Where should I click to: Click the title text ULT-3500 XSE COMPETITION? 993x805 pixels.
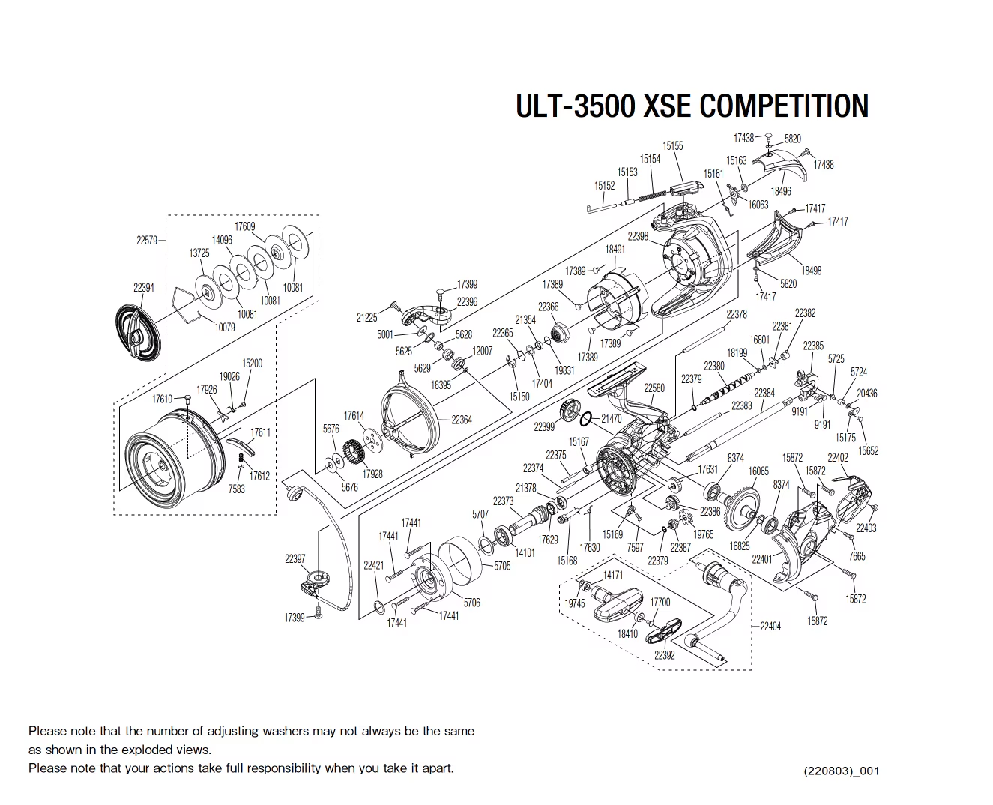pos(692,106)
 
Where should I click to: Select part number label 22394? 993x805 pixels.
pos(143,288)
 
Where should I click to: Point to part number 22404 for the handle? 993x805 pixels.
pos(770,626)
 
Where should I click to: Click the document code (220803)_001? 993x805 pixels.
pos(840,771)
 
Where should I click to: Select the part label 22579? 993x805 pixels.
pos(147,241)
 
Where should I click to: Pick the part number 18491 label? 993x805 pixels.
pos(615,250)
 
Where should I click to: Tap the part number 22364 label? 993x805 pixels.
pos(462,420)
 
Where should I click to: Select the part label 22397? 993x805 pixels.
pos(295,558)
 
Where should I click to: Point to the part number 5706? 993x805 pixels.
pos(471,603)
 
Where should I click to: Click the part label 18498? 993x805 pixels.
pos(811,271)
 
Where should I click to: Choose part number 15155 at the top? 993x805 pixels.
pos(672,146)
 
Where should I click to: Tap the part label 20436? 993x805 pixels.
pos(866,393)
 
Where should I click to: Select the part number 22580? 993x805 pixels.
pos(654,388)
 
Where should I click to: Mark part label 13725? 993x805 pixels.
pos(199,253)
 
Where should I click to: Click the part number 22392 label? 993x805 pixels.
pos(664,654)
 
